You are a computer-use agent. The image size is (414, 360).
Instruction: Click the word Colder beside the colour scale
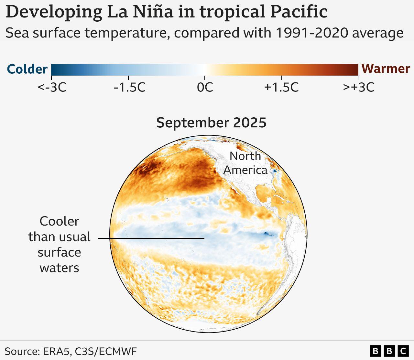[x=27, y=69]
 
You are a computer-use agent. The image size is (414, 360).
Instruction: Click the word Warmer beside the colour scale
[x=386, y=69]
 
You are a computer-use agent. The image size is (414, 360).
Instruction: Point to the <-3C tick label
[x=52, y=87]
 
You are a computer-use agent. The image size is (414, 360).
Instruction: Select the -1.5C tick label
[x=129, y=87]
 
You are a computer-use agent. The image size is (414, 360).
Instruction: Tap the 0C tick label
[x=205, y=87]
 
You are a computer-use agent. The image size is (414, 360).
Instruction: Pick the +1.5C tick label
[x=281, y=87]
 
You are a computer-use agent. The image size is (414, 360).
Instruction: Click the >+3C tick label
[x=358, y=87]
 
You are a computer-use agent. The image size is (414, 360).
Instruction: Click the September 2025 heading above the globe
[x=211, y=123]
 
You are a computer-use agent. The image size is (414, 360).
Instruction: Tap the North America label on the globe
[x=245, y=163]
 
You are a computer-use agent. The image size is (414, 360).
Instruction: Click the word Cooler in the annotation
[x=59, y=221]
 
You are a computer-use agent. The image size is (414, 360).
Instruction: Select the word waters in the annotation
[x=59, y=268]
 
